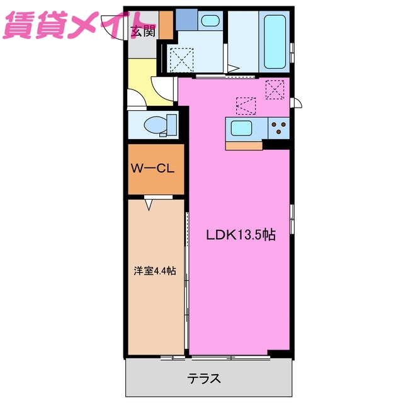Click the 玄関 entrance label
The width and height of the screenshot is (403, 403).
click(x=142, y=32)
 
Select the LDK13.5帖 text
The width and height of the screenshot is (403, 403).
click(x=241, y=236)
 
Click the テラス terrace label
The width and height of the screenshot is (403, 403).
click(x=204, y=379)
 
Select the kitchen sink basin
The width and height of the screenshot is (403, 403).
click(x=242, y=128)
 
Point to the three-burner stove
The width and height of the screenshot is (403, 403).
click(x=278, y=128)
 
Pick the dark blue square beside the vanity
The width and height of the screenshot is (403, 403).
click(x=186, y=20)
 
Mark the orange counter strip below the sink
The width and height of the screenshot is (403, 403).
click(x=244, y=145)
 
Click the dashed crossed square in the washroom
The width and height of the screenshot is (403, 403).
click(x=183, y=61)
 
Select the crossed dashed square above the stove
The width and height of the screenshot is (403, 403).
click(x=275, y=89)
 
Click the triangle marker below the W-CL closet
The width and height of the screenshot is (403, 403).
click(x=150, y=203)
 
